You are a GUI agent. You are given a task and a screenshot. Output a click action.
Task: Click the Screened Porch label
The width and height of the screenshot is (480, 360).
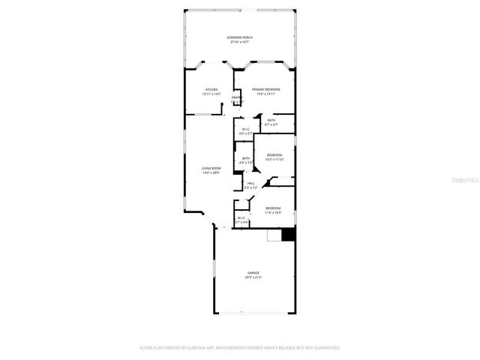click(240, 37)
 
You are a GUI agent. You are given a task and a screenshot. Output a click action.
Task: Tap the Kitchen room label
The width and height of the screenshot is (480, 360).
click(211, 89)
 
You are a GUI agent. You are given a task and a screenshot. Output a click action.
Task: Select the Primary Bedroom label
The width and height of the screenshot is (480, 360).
click(266, 89)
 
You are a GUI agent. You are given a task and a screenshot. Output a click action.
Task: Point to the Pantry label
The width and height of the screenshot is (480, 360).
click(237, 97)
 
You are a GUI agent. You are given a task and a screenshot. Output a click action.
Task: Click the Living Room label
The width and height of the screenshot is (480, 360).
click(211, 168)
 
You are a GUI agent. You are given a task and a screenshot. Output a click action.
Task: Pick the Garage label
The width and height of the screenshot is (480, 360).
click(253, 272)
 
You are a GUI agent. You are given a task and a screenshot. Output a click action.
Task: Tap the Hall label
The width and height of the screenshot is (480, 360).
click(251, 183)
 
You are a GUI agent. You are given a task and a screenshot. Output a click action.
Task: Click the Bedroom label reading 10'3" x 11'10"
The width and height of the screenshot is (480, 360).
click(274, 155)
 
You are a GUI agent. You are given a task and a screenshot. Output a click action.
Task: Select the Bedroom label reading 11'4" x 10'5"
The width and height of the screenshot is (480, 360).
click(272, 208)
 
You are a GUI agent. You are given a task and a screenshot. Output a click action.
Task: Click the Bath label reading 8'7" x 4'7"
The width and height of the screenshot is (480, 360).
click(271, 120)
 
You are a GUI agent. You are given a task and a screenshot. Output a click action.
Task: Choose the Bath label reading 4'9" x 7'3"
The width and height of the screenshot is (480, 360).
click(245, 158)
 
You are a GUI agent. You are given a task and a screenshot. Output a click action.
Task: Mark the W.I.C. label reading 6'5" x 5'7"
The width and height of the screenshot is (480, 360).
click(244, 129)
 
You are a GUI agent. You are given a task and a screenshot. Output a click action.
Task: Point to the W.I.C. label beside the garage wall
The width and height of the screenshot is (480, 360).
click(241, 218)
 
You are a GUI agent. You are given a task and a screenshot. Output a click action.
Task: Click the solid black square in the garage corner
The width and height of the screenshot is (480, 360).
click(289, 235)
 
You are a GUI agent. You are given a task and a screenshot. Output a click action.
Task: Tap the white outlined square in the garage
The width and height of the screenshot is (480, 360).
click(274, 235)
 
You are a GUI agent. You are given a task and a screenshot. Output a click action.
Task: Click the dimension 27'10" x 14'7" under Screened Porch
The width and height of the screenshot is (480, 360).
click(240, 42)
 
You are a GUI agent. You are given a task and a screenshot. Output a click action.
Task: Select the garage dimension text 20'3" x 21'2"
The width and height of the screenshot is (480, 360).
click(253, 277)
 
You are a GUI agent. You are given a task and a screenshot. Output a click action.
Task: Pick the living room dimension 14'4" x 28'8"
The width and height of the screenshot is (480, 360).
click(211, 173)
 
